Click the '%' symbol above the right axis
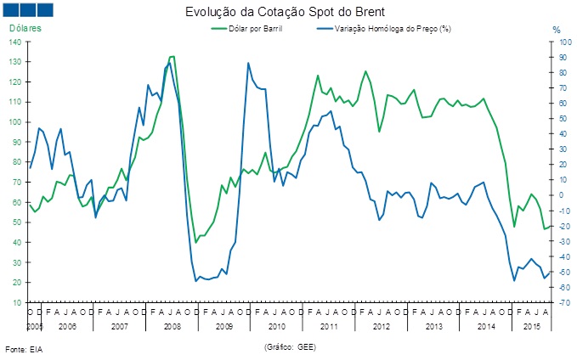[557, 30]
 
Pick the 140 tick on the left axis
[17, 42]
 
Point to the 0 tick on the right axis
[561, 195]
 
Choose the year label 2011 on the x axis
[329, 326]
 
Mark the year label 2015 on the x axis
[532, 326]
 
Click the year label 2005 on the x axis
[34, 326]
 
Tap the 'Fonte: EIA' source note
[23, 349]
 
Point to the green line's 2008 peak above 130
[173, 57]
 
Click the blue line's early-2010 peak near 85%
[248, 63]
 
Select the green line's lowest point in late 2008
[196, 243]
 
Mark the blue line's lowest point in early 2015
[515, 280]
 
